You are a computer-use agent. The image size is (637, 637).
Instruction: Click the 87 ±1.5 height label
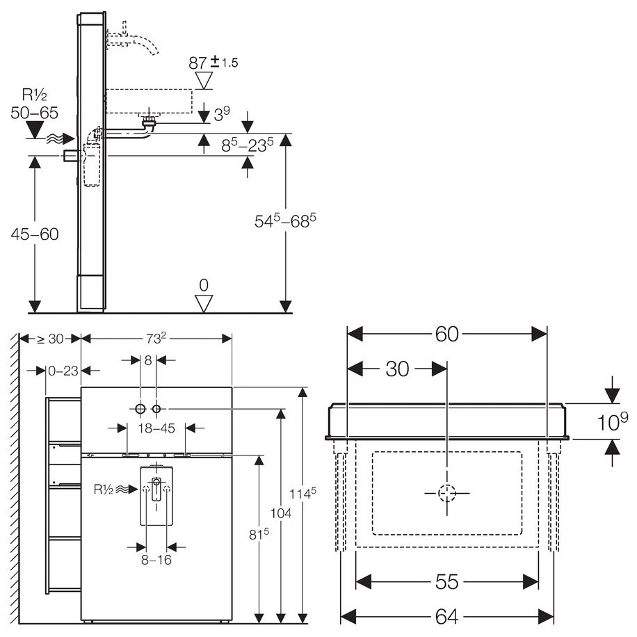[x=213, y=63]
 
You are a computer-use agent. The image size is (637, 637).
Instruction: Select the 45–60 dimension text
[x=35, y=234]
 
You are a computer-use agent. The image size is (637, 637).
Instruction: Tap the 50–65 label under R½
[x=35, y=113]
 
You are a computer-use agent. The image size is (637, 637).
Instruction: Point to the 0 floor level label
[x=204, y=285]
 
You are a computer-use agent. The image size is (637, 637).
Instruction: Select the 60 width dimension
[x=446, y=334]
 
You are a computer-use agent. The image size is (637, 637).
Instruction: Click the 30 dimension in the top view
[x=397, y=369]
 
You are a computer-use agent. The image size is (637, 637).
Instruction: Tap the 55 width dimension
[x=446, y=582]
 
